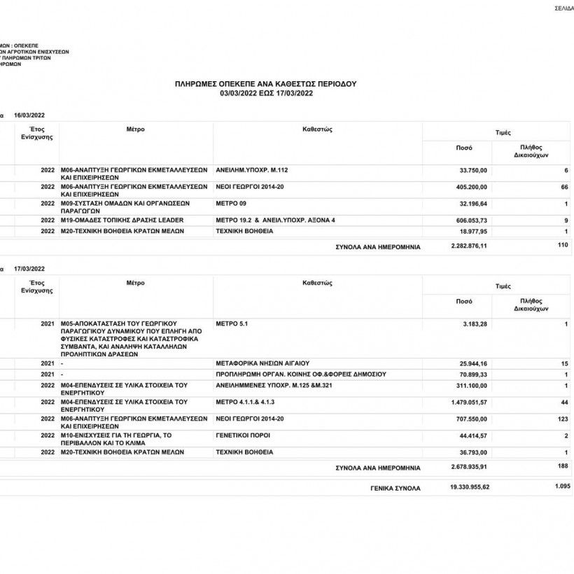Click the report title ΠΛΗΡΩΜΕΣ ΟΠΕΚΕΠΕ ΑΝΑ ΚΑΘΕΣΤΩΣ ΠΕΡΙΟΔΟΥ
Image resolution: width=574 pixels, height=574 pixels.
point(265,83)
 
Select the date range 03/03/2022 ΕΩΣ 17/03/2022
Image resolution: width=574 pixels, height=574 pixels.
point(265,92)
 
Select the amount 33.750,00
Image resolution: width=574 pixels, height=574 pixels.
point(473,171)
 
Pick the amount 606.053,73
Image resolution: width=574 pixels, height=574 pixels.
point(471,220)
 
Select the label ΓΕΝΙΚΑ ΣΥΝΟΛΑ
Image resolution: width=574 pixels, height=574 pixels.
point(395,488)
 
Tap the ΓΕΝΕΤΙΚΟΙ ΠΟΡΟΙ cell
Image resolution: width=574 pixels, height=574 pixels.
point(243,435)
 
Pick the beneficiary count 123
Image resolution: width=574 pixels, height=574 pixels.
point(563,419)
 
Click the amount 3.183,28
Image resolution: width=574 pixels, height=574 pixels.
point(475,324)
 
